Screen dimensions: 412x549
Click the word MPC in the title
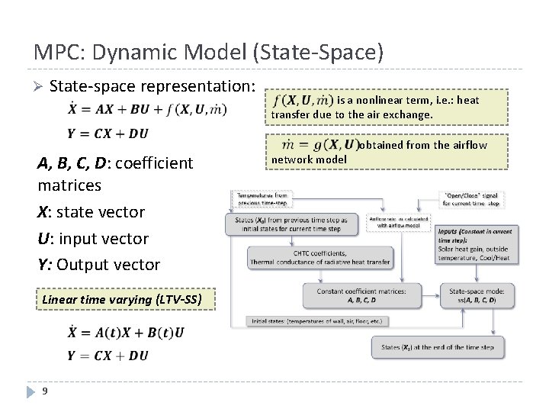(55, 52)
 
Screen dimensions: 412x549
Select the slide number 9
(46, 391)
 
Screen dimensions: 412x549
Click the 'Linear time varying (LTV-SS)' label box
(121, 299)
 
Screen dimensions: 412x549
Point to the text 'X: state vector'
(91, 211)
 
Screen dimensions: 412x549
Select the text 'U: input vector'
(93, 238)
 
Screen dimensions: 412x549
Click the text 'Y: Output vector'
(99, 265)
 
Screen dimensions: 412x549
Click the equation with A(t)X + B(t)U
(125, 332)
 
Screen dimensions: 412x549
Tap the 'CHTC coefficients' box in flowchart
(319, 258)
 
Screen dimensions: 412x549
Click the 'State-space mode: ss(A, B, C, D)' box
(473, 295)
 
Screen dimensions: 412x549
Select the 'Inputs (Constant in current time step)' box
(477, 244)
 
